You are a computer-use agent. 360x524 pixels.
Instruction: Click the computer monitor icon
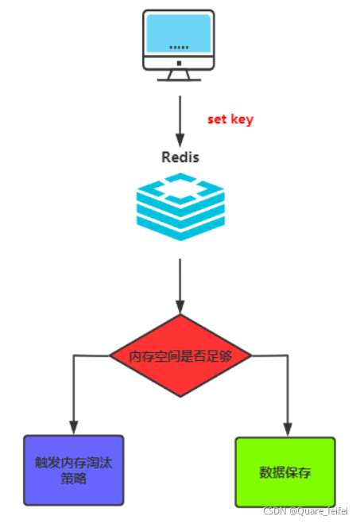(x=179, y=45)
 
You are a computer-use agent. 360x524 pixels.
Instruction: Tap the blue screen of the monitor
(x=179, y=33)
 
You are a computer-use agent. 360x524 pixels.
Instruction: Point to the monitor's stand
(x=179, y=76)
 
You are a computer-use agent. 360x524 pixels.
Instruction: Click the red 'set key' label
(x=230, y=119)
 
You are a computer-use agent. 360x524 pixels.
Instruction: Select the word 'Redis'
(x=180, y=157)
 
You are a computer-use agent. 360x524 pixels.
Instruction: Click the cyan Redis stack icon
(x=180, y=207)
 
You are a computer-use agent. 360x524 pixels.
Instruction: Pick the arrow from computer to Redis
(x=180, y=121)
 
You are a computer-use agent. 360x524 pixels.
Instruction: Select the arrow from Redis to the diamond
(x=180, y=285)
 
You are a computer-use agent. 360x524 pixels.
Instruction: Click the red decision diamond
(x=180, y=355)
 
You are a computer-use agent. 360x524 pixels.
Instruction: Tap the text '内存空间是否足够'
(x=180, y=356)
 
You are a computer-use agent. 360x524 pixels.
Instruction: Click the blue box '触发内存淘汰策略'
(x=74, y=470)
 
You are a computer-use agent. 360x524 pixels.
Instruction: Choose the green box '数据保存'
(x=285, y=472)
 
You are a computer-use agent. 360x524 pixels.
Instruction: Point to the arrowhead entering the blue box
(x=74, y=428)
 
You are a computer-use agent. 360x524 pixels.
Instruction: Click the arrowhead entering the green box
(x=288, y=429)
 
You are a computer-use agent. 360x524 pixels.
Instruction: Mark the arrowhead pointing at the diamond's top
(x=180, y=307)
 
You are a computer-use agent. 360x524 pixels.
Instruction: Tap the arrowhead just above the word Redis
(x=180, y=140)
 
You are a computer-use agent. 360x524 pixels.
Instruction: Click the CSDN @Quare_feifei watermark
(x=306, y=511)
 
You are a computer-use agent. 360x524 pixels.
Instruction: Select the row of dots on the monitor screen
(x=179, y=48)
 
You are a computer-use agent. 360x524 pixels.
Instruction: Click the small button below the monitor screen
(x=179, y=63)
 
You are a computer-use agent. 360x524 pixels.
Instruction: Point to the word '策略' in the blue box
(x=74, y=479)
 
